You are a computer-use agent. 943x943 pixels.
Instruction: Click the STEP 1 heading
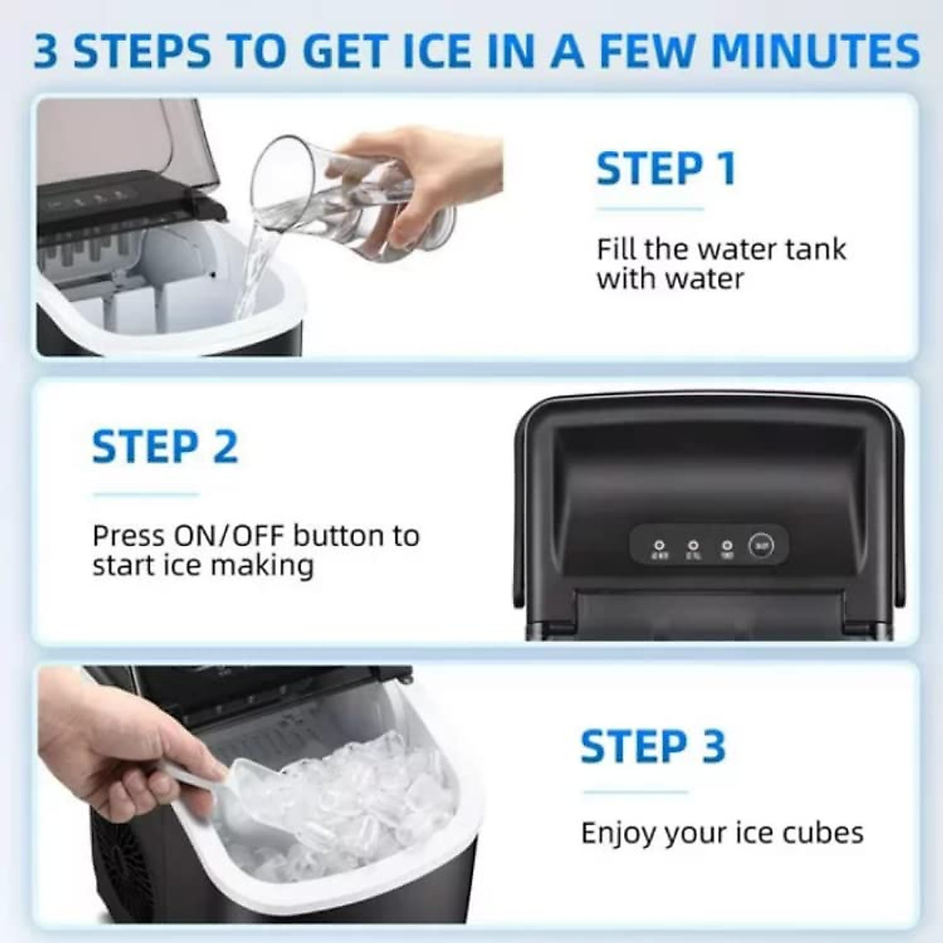pos(666,169)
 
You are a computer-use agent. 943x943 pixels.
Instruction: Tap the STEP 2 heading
pos(164,447)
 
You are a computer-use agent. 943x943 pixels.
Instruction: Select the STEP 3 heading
pos(652,747)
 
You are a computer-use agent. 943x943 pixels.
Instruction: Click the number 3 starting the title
pos(46,52)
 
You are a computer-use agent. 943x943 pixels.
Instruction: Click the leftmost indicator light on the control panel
pos(659,544)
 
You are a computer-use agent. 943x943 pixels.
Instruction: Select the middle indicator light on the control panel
pos(693,544)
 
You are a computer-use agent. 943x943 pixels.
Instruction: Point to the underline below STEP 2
pos(145,495)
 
